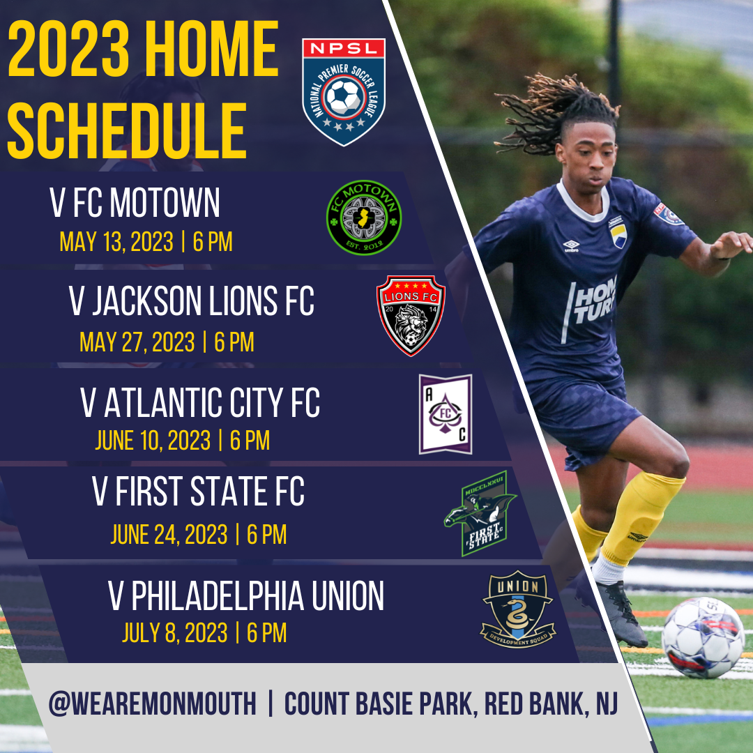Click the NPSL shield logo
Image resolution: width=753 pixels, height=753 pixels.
tap(344, 92)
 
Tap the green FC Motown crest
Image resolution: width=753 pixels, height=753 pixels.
tap(364, 218)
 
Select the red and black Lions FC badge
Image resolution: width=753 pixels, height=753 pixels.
tap(411, 315)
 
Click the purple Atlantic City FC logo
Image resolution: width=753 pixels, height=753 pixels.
tap(446, 414)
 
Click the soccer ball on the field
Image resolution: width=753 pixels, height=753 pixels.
tap(702, 637)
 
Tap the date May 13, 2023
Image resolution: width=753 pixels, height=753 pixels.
tap(116, 242)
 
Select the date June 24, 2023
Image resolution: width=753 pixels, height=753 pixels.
tap(169, 534)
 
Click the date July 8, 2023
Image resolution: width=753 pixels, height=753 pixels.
tap(174, 632)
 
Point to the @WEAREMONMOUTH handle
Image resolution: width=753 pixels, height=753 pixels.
tap(152, 704)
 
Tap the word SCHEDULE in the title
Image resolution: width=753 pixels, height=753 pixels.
tap(127, 131)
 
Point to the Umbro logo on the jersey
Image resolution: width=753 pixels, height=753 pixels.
tap(571, 245)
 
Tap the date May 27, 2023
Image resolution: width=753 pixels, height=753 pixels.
tap(137, 342)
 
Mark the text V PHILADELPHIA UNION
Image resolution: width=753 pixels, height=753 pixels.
tap(246, 596)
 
